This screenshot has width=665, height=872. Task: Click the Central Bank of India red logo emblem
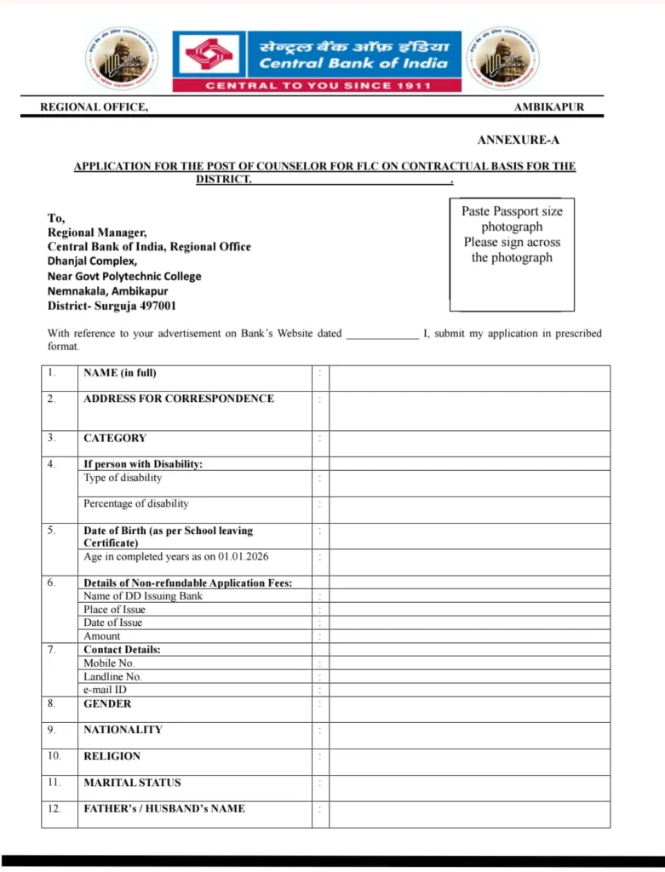[x=207, y=55]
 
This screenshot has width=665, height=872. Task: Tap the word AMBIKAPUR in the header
[x=548, y=107]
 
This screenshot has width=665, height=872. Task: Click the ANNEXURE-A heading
[x=518, y=140]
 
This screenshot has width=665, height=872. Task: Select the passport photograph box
[x=512, y=255]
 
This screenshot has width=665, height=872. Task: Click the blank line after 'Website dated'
[x=381, y=334]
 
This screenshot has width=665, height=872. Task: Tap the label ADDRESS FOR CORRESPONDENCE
[x=179, y=399]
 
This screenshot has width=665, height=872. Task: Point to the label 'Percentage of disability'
[x=136, y=503]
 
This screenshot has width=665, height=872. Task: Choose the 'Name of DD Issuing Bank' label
[x=143, y=596]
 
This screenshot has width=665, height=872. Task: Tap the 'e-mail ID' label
[x=105, y=690]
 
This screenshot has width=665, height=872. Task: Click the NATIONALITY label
[x=123, y=730]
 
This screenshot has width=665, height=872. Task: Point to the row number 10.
[x=54, y=756]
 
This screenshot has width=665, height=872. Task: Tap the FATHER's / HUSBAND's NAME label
[x=164, y=809]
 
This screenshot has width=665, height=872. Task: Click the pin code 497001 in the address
[x=158, y=306]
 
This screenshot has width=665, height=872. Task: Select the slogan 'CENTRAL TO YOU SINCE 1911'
[x=318, y=86]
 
